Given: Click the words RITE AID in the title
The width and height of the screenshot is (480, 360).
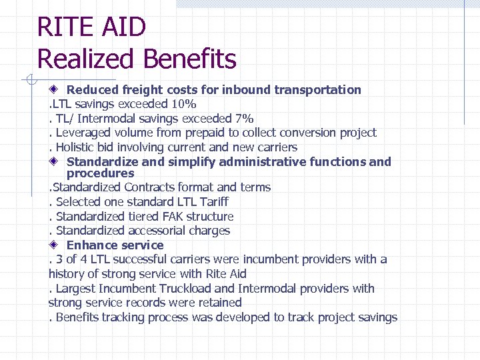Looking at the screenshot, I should tap(91, 27).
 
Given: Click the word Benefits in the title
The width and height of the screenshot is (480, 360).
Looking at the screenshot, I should tap(189, 59).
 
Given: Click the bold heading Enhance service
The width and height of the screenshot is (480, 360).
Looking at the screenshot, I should tap(115, 245).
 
